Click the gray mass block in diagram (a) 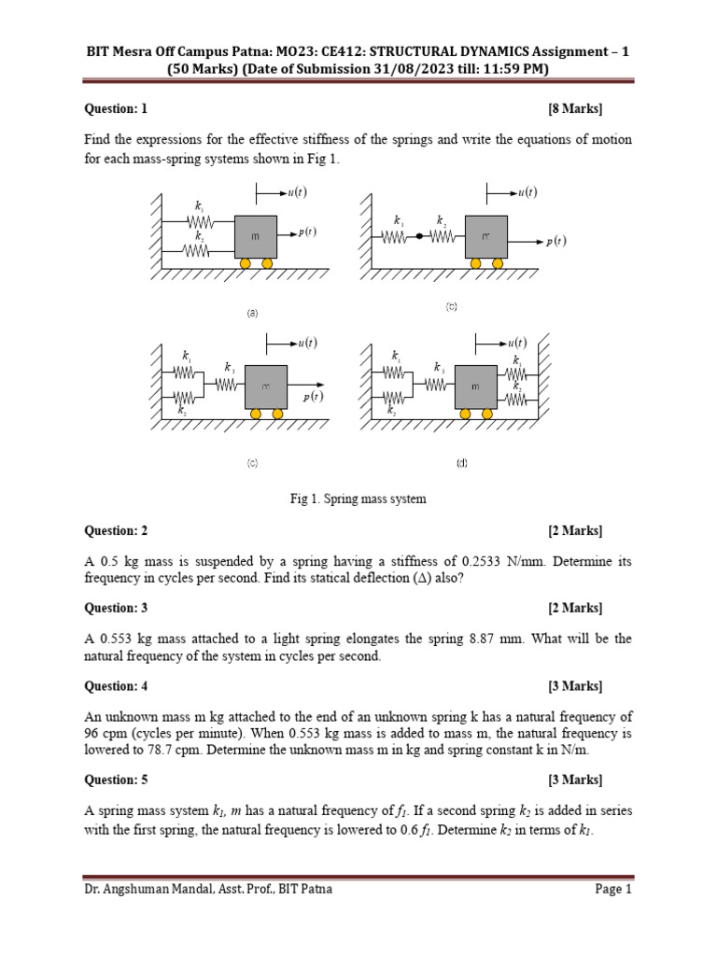[254, 237]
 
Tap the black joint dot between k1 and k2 [419, 237]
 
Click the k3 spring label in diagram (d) [438, 368]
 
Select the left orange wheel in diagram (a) [246, 264]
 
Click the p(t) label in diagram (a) [307, 232]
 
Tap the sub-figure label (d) [461, 463]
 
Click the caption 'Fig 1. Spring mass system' [358, 499]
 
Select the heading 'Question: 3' [116, 609]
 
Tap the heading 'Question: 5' [116, 780]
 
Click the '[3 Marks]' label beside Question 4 [575, 686]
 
